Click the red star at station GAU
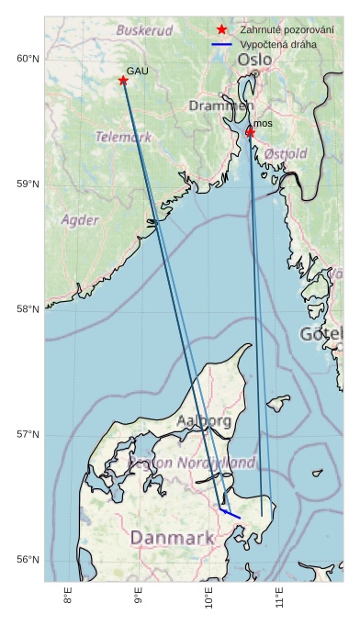[x=123, y=81]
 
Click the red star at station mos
[x=250, y=132]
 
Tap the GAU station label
[x=137, y=71]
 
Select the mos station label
[x=263, y=123]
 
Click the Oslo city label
[x=254, y=60]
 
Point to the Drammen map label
[x=219, y=106]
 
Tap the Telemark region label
[x=123, y=137]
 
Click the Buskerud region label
[x=144, y=30]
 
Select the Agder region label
[x=79, y=220]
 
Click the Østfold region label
[x=286, y=154]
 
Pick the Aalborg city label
[x=203, y=421]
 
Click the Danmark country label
[x=172, y=538]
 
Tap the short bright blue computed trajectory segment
[x=231, y=514]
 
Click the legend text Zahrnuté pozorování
[x=287, y=29]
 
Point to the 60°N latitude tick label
[x=28, y=59]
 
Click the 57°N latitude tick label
[x=28, y=434]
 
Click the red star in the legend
[x=221, y=29]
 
